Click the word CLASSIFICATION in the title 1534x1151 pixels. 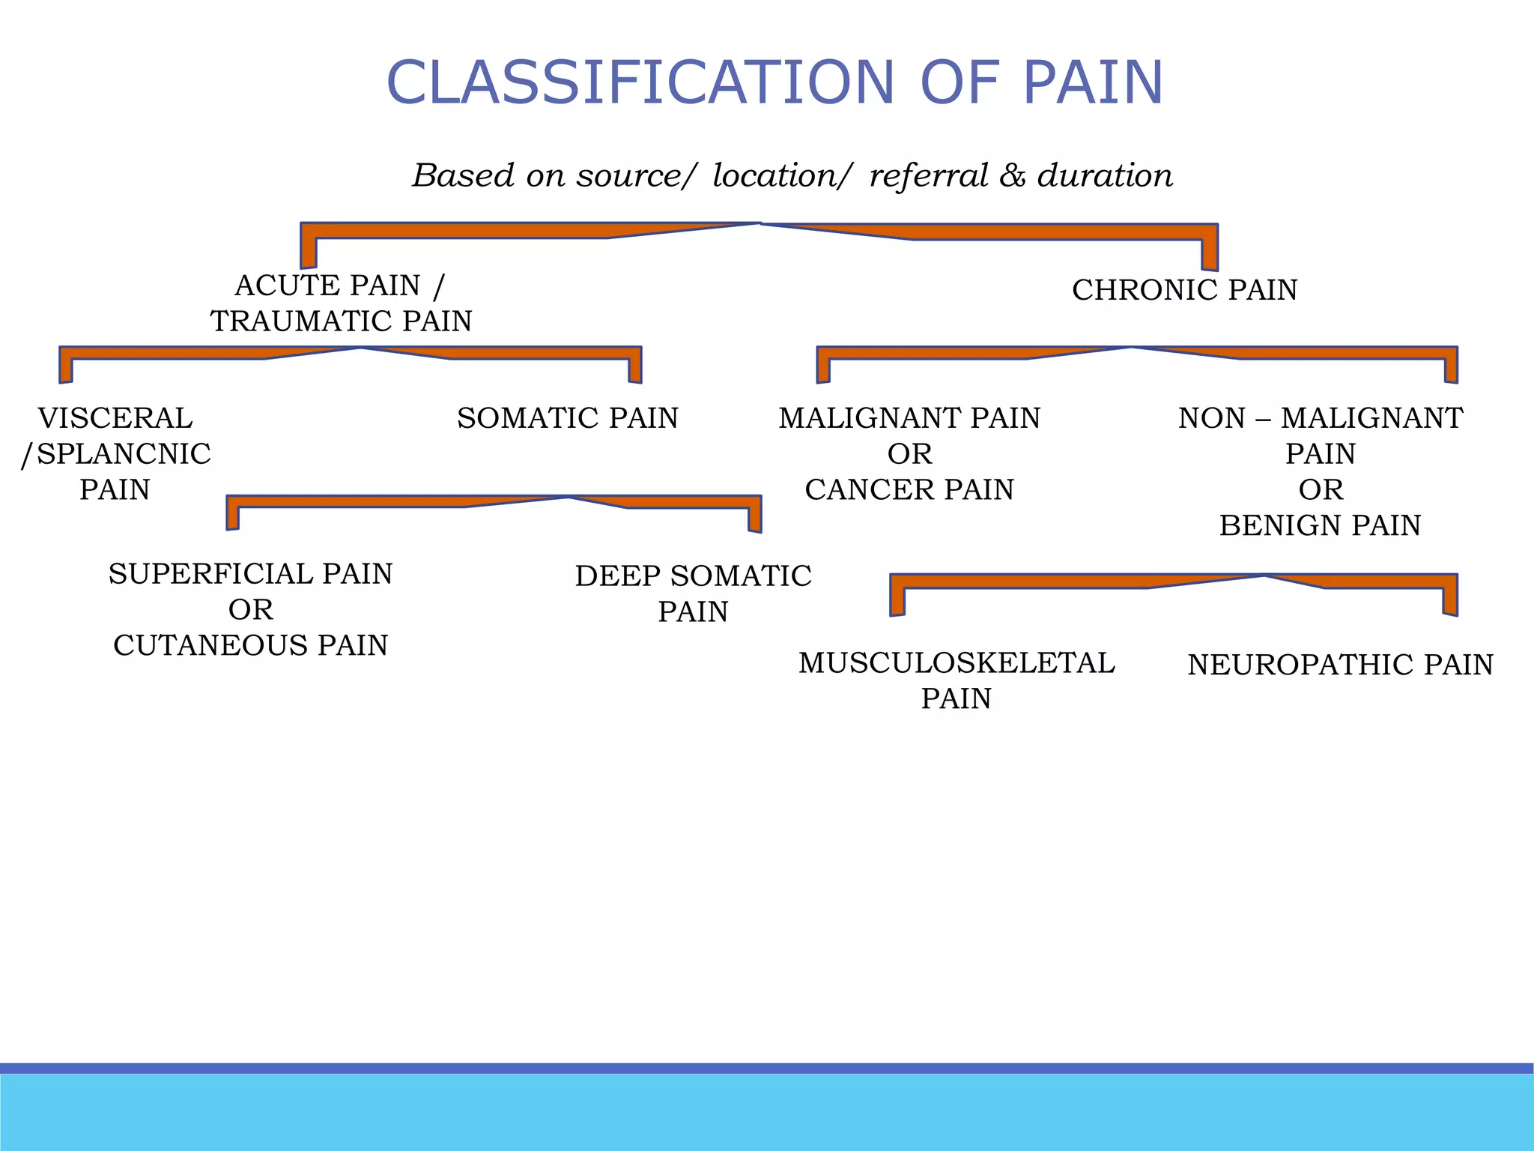640,82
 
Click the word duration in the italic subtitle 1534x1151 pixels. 1105,176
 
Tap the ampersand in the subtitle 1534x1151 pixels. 1012,176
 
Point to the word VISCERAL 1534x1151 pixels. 115,418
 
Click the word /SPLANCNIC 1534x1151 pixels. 116,454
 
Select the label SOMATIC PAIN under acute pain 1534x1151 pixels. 567,418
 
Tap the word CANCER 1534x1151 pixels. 869,490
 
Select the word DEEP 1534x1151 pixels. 617,576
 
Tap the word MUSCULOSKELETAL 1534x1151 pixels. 957,663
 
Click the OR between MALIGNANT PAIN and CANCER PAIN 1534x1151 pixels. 909,454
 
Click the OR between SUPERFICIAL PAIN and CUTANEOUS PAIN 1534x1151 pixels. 250,610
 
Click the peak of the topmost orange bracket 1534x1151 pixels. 760,224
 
